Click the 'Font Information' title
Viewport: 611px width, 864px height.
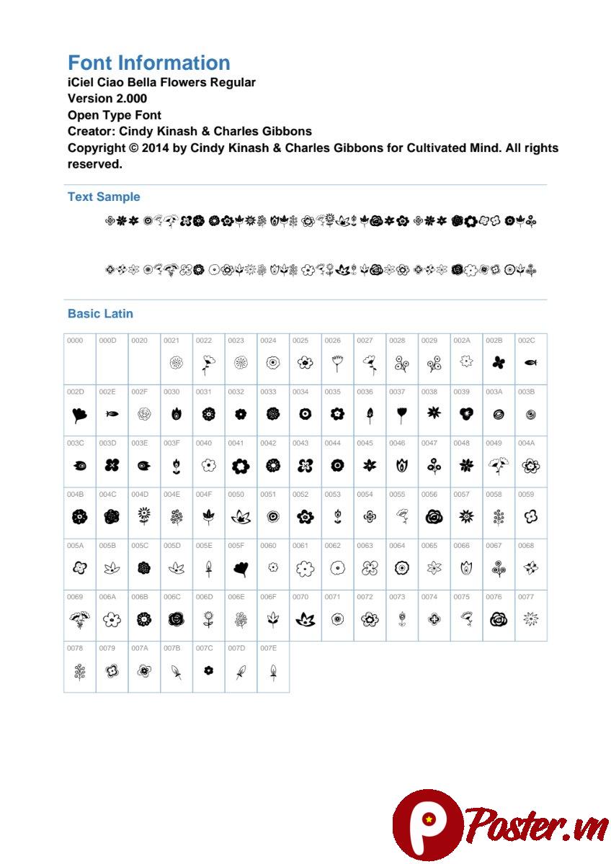pyautogui.click(x=148, y=63)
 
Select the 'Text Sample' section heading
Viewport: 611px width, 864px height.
pyautogui.click(x=104, y=197)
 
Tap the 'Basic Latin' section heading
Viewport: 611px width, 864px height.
pyautogui.click(x=100, y=313)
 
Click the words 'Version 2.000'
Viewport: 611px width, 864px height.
pyautogui.click(x=107, y=99)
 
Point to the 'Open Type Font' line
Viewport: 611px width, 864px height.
pyautogui.click(x=114, y=115)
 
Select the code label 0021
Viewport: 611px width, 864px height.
pyautogui.click(x=171, y=341)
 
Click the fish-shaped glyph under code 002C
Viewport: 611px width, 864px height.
pyautogui.click(x=530, y=363)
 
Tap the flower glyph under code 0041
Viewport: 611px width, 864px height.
pyautogui.click(x=241, y=466)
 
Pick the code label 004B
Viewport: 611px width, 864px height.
pyautogui.click(x=75, y=495)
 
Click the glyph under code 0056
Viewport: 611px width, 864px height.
pyautogui.click(x=434, y=516)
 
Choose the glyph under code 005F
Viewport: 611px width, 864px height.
pyautogui.click(x=241, y=569)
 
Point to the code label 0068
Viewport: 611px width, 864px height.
pyautogui.click(x=525, y=546)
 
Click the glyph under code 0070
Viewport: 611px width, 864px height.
pyautogui.click(x=305, y=619)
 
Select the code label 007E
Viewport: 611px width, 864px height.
pyautogui.click(x=268, y=648)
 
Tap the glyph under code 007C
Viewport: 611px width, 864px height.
pyautogui.click(x=208, y=670)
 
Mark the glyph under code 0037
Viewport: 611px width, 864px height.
pyautogui.click(x=401, y=415)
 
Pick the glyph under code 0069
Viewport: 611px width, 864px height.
pyautogui.click(x=79, y=619)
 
